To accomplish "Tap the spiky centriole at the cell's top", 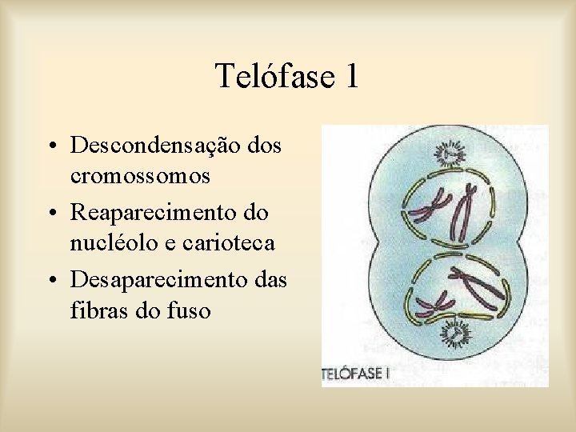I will coord(450,150).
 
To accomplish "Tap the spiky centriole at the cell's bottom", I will coord(458,330).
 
